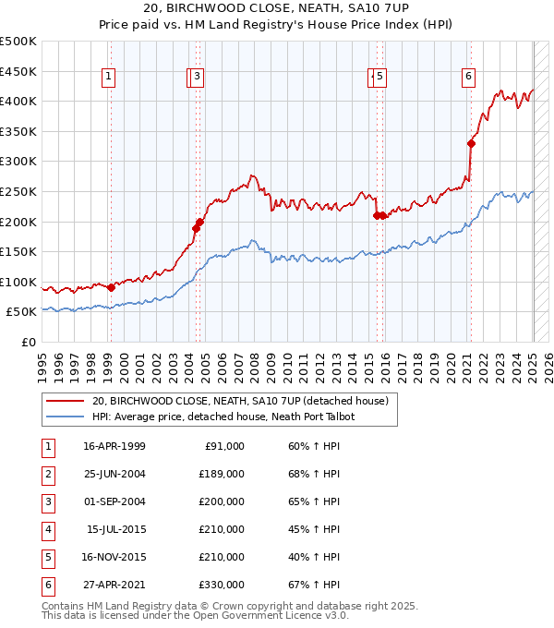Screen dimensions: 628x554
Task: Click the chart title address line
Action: (x=277, y=9)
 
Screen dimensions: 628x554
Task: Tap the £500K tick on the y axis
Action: (x=18, y=42)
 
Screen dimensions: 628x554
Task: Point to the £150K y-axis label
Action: (x=18, y=251)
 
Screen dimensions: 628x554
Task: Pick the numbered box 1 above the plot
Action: (x=109, y=77)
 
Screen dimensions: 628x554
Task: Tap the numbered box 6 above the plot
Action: (x=469, y=77)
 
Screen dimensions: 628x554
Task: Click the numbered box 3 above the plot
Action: (x=199, y=77)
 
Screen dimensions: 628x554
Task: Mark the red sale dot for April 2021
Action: (x=471, y=143)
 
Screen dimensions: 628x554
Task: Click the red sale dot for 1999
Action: (x=112, y=287)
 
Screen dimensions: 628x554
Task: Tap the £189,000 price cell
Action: (x=222, y=474)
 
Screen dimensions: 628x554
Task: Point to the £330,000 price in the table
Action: (x=222, y=585)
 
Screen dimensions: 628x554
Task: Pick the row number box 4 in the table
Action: (x=47, y=529)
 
